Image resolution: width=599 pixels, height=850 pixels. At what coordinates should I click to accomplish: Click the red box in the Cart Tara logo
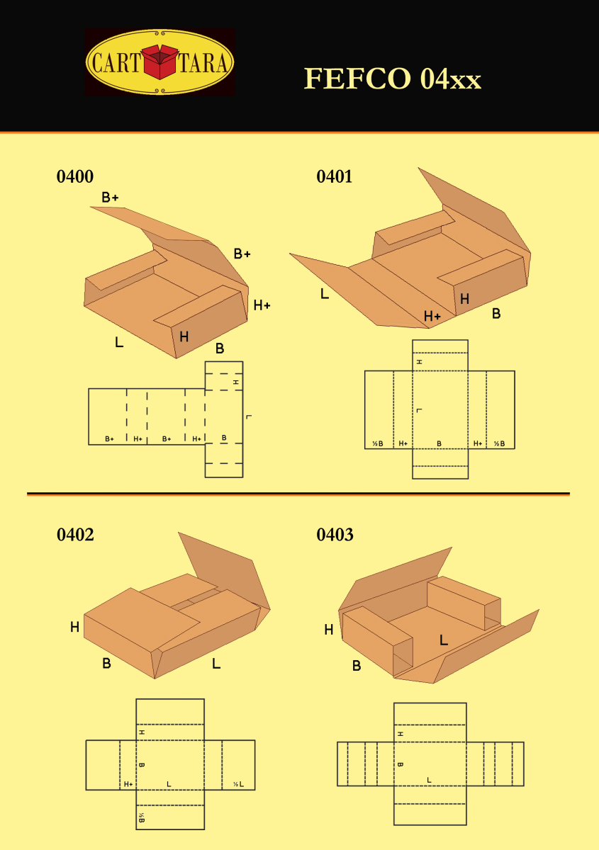(160, 62)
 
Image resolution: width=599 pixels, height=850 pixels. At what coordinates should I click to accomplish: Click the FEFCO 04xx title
(393, 79)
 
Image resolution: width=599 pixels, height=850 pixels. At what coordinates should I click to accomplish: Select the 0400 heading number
(75, 176)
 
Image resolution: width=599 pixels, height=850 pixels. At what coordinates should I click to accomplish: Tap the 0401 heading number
(335, 176)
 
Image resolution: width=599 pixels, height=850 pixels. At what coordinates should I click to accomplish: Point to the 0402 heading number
(75, 535)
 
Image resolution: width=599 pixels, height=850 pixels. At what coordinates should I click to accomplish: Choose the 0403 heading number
(335, 535)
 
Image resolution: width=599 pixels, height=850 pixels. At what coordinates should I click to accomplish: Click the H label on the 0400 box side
(184, 336)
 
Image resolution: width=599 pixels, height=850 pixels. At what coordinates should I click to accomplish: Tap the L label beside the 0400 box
(119, 342)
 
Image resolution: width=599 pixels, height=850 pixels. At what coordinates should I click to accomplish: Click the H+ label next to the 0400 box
(262, 305)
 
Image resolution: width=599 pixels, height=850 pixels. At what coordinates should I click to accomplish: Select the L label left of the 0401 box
(325, 293)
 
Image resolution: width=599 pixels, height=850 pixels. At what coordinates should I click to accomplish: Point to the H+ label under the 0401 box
(432, 316)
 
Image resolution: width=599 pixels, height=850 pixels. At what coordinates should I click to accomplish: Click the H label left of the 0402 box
(75, 627)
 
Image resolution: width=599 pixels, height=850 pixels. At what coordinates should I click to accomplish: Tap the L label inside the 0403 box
(444, 640)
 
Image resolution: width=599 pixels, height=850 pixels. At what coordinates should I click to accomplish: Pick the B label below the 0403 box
(357, 666)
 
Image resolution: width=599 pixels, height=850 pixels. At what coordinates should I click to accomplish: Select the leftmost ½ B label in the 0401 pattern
(378, 443)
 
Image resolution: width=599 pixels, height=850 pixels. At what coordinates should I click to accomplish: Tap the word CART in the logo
(116, 62)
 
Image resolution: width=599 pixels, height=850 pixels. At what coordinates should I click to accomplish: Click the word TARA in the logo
(203, 62)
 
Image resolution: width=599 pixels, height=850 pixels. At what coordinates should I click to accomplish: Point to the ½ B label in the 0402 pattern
(141, 817)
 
